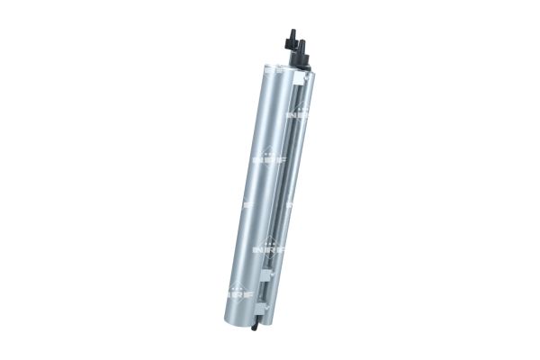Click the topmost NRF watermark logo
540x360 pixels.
[298, 113]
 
